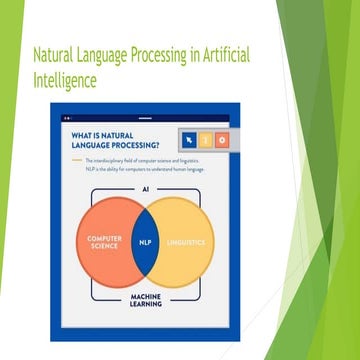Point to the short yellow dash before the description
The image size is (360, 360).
click(x=76, y=161)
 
